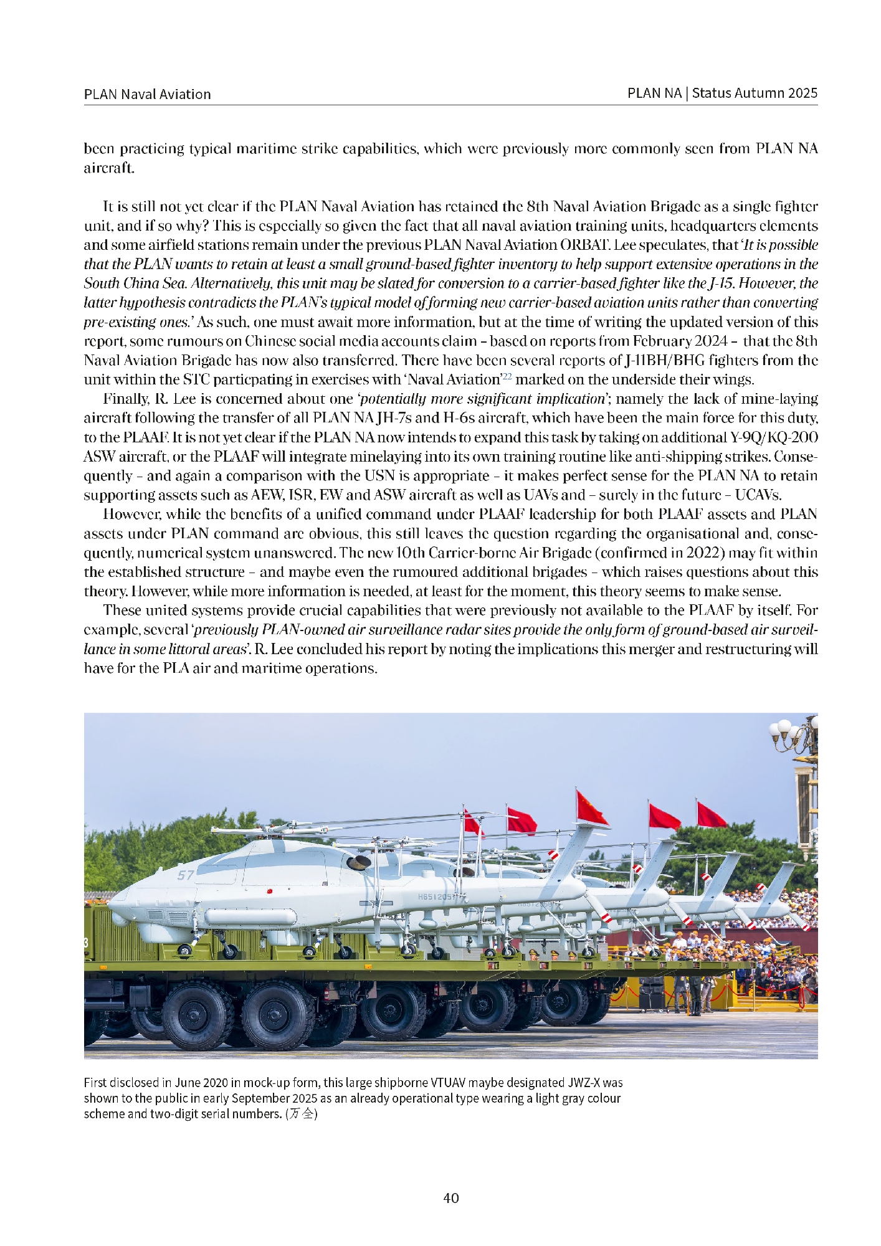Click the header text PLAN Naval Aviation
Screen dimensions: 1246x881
[x=147, y=94]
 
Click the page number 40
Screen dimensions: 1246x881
[x=450, y=1197]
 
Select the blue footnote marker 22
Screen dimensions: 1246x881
[x=507, y=376]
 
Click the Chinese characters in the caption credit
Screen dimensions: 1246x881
[x=302, y=1114]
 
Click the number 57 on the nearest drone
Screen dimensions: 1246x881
[x=186, y=875]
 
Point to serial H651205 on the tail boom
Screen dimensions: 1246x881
[x=436, y=896]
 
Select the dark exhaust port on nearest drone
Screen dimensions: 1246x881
[x=360, y=863]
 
